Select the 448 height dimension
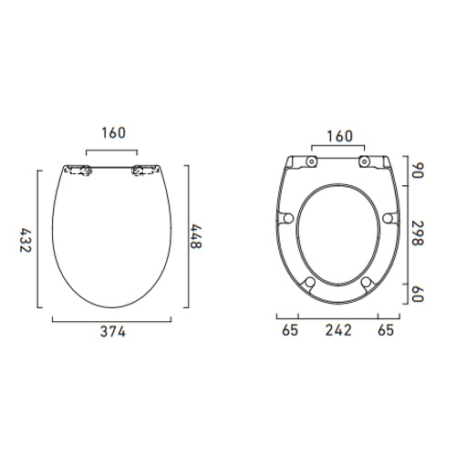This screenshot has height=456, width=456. [195, 239]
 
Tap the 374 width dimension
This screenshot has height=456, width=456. [111, 332]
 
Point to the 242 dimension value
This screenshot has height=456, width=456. [338, 332]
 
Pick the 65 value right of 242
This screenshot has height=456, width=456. [388, 332]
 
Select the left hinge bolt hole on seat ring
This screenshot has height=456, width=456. [312, 161]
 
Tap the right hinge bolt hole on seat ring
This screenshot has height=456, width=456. [365, 161]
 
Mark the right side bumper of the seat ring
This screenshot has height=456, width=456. [389, 218]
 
